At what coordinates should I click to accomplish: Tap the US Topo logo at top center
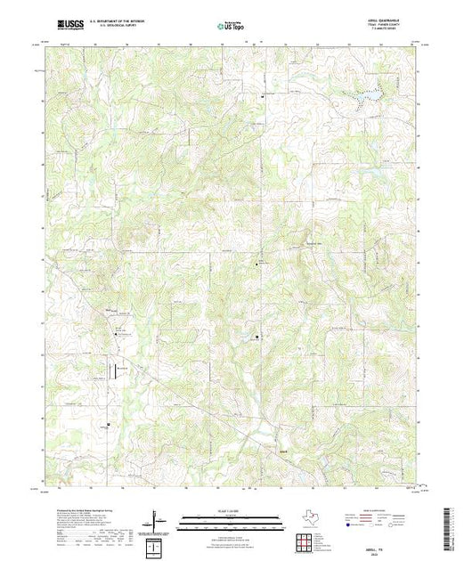pyautogui.click(x=231, y=27)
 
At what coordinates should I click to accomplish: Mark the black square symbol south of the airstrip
pyautogui.click(x=110, y=424)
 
